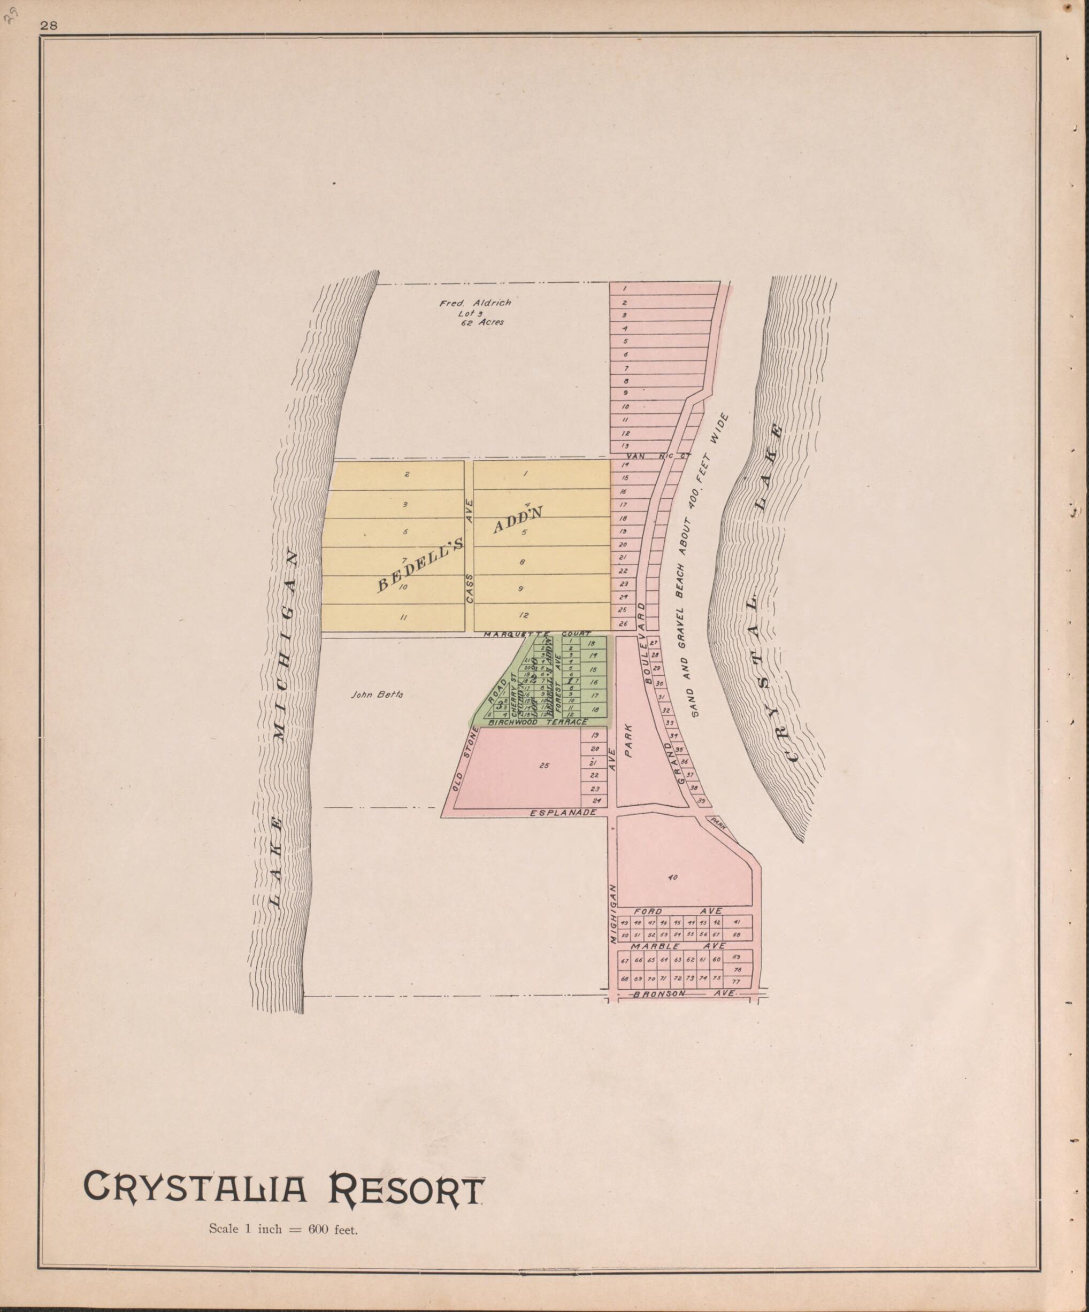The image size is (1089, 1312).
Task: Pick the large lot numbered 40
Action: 673,878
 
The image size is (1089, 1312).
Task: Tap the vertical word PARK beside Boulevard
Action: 630,740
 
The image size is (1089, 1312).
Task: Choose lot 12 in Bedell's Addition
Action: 524,615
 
